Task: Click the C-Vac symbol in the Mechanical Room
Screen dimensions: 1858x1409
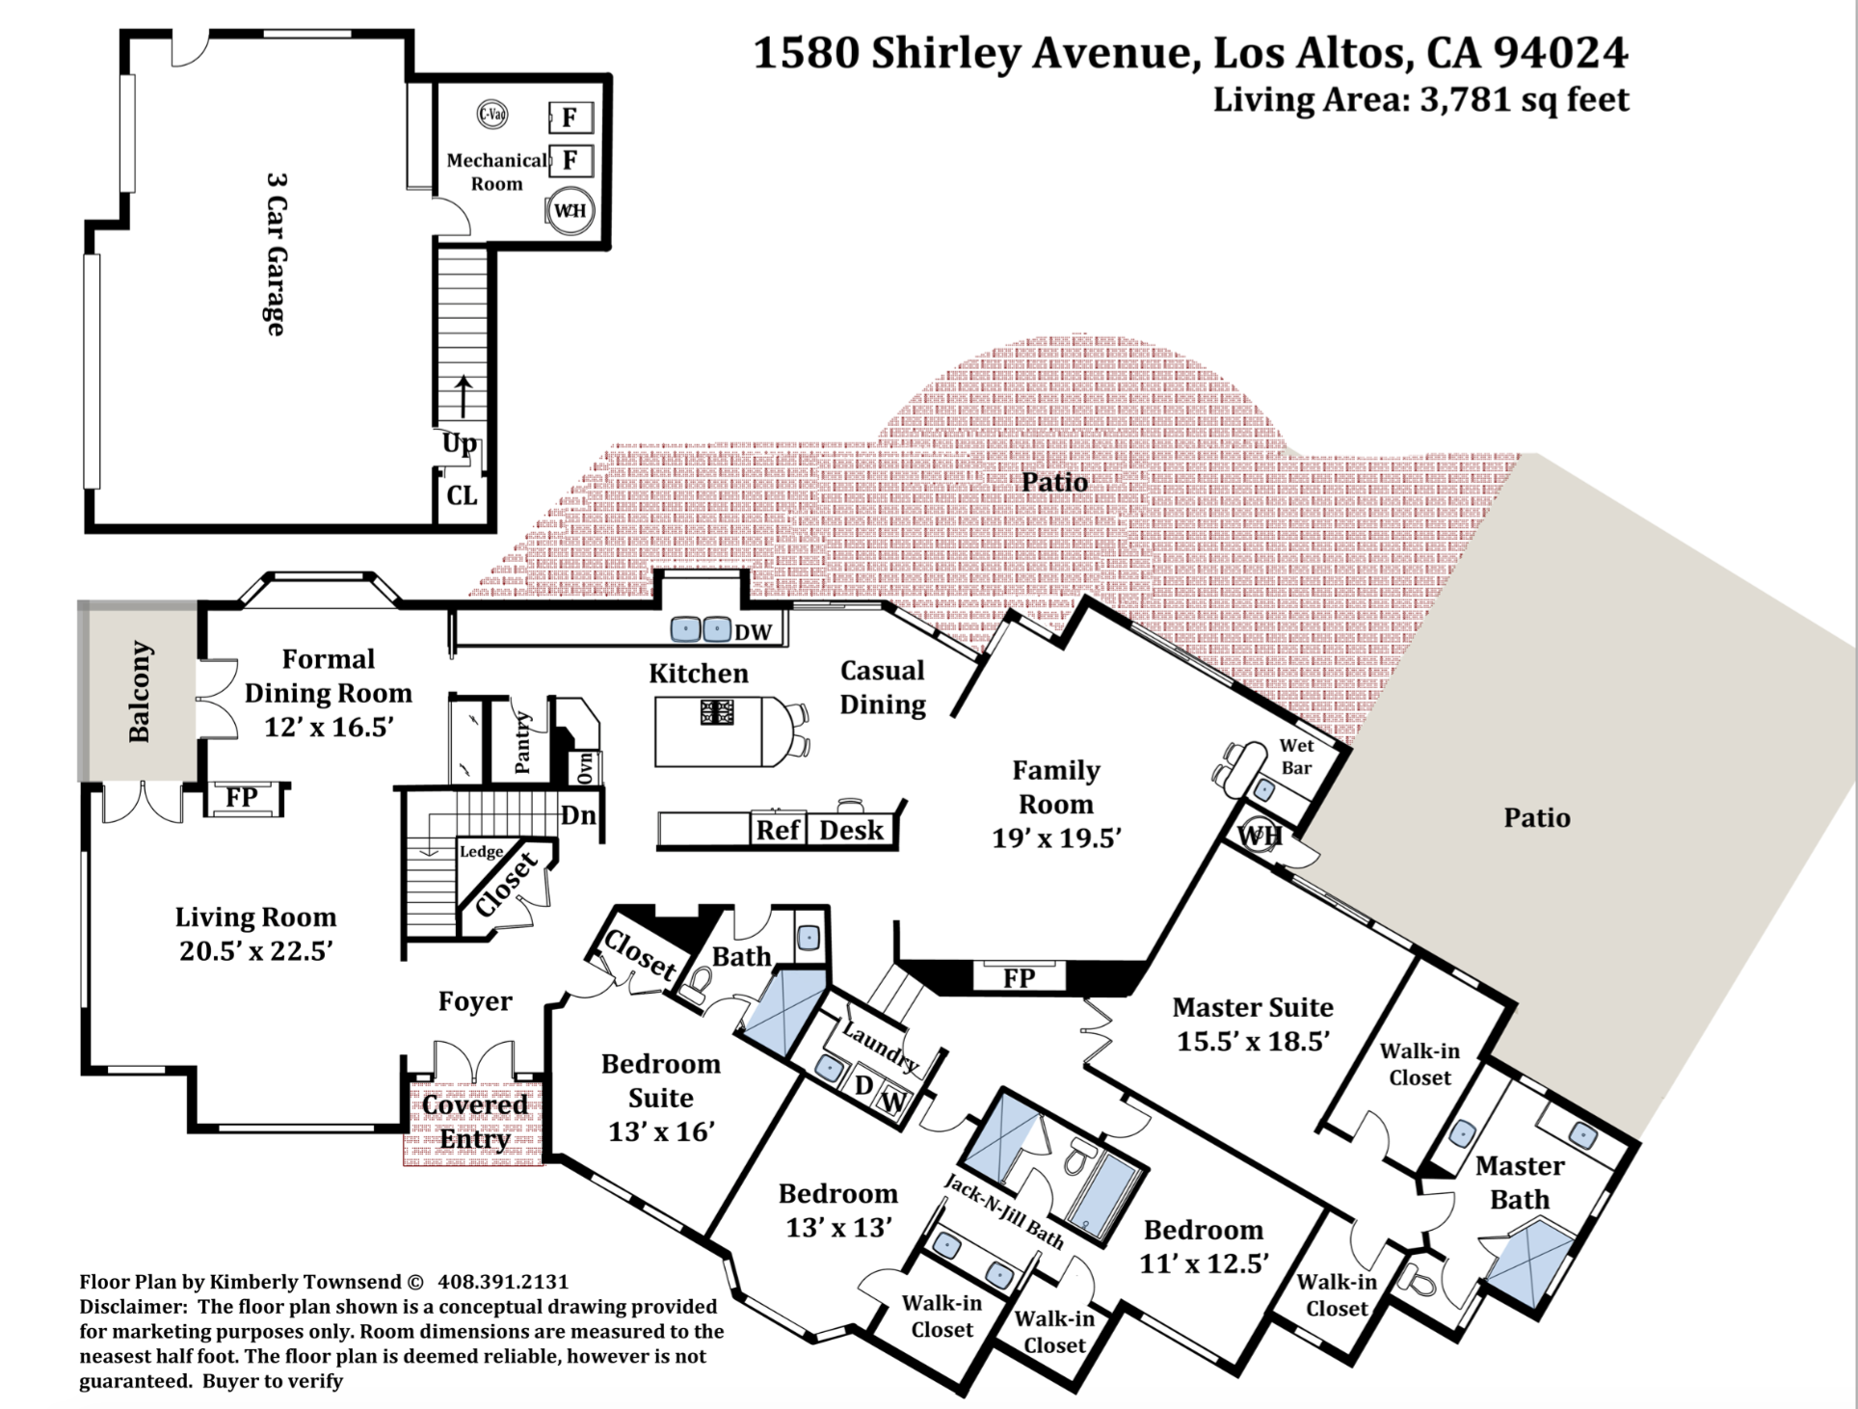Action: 492,115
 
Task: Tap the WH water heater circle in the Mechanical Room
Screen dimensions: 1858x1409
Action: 570,210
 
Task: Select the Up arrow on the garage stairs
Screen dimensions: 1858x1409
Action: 464,396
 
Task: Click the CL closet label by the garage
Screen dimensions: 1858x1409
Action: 462,495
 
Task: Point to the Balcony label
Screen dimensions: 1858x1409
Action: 140,691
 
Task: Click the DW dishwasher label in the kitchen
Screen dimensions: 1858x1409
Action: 754,632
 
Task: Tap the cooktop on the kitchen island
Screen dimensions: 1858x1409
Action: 716,712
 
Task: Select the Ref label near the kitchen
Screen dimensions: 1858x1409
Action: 779,830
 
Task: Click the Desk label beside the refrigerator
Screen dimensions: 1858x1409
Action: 851,830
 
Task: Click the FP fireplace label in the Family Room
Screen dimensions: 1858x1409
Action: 1019,978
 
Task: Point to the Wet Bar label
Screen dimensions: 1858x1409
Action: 1296,757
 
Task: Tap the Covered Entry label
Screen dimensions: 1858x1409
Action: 474,1122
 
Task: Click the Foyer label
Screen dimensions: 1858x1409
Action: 475,1001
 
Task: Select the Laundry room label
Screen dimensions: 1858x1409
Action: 880,1048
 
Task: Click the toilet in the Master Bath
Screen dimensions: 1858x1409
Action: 1416,1280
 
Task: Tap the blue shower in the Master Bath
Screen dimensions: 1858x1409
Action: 1530,1264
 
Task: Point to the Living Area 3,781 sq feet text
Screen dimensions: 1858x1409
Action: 1420,99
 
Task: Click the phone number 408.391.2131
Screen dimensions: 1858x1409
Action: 503,1282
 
